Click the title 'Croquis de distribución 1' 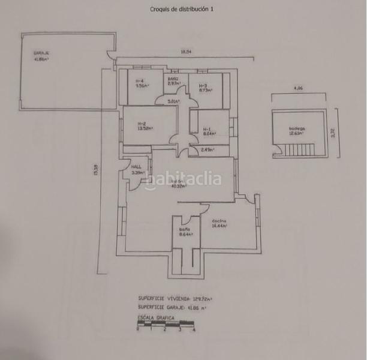pos(183,9)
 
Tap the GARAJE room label pos(41,53)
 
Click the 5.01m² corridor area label pos(173,101)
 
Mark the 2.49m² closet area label pos(207,150)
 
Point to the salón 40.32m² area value pos(179,186)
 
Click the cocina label pos(219,222)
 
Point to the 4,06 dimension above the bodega pos(298,89)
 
